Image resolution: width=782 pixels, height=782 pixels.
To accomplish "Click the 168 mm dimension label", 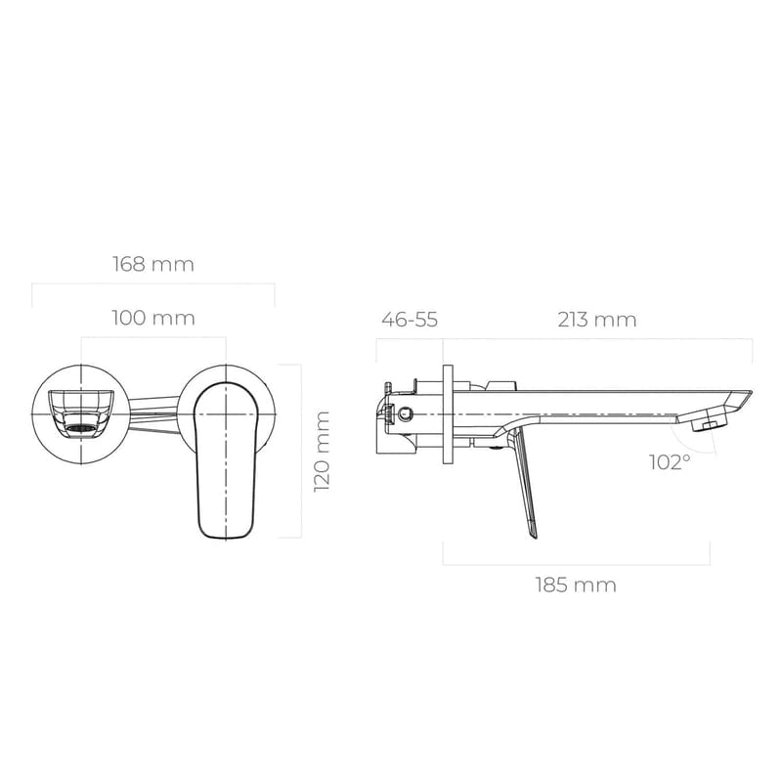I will (153, 264).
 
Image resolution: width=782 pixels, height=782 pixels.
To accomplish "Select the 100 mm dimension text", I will (153, 318).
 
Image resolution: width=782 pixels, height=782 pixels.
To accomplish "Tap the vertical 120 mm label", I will (322, 451).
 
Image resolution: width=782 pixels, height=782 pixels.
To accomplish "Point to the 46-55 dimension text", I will (410, 320).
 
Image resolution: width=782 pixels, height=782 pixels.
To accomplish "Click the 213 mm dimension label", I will (597, 320).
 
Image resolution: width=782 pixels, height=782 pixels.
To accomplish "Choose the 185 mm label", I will (576, 586).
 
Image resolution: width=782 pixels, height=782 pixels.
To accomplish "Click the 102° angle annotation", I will (670, 461).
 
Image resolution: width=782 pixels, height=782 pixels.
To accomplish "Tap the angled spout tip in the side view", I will (738, 399).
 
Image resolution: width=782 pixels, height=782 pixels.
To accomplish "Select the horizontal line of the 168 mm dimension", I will (153, 284).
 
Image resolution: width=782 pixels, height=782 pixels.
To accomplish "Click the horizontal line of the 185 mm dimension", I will (576, 565).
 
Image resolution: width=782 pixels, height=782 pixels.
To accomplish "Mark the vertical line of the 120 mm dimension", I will (301, 451).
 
